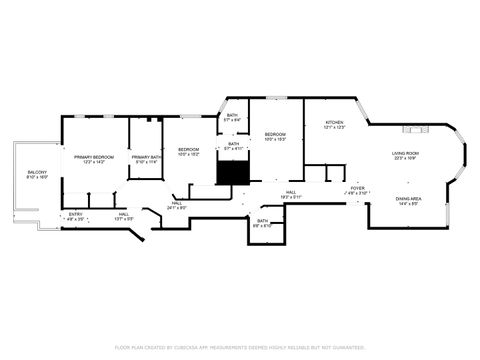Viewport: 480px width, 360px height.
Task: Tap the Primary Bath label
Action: coord(146,157)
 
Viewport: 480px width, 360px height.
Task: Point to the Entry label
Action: coord(75,214)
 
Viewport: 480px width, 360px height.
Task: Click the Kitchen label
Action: coord(334,123)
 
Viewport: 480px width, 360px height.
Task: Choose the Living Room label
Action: coord(405,153)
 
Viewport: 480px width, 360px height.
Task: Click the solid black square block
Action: coord(232,172)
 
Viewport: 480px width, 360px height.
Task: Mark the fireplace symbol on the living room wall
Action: coord(415,129)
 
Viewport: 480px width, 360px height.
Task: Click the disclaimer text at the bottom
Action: coord(240,347)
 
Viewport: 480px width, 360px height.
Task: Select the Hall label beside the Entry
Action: coord(123,214)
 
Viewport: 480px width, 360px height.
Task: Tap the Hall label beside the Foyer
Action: coord(290,192)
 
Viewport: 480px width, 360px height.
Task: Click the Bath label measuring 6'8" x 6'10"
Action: coord(263,221)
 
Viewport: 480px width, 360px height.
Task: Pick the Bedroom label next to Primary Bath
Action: coord(189,150)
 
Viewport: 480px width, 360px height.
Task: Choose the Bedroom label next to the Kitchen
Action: coord(275,134)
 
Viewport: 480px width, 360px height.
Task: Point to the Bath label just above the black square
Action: coord(234,144)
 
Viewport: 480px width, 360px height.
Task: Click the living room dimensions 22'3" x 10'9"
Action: coord(405,158)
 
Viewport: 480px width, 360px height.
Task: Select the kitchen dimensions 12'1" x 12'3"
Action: coord(334,128)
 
